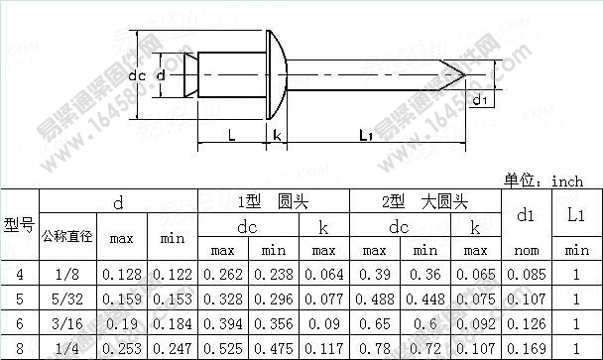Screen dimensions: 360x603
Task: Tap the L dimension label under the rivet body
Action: (230, 135)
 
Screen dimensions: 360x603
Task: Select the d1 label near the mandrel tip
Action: (479, 100)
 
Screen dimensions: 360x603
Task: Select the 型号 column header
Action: (19, 225)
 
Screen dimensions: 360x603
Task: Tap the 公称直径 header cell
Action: (66, 238)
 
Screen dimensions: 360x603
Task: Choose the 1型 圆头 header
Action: (270, 201)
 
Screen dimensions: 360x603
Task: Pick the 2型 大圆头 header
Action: (424, 201)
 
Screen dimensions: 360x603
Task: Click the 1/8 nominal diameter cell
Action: (66, 274)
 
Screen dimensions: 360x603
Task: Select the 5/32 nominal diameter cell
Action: (66, 299)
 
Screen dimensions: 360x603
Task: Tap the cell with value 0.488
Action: (374, 299)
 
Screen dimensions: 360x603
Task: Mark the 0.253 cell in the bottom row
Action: (121, 348)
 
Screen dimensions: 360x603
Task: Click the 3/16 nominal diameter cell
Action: (66, 323)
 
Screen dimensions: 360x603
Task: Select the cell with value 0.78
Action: (374, 348)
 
